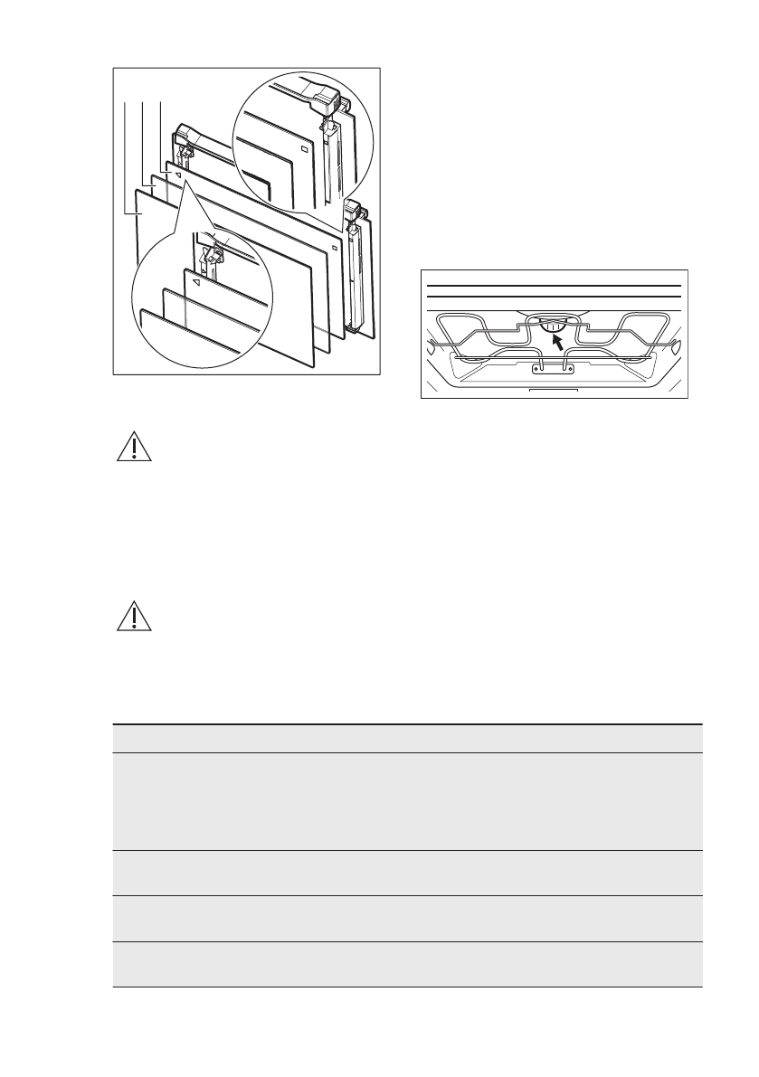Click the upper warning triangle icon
click(x=132, y=449)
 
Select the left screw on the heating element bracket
click(x=539, y=367)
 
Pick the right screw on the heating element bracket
click(x=568, y=367)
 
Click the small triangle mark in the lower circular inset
click(x=195, y=281)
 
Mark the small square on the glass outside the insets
click(x=334, y=247)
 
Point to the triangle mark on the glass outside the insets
click(x=178, y=174)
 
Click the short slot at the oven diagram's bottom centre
click(x=552, y=392)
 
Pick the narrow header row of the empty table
click(x=407, y=738)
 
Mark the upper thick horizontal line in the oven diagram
click(x=553, y=286)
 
